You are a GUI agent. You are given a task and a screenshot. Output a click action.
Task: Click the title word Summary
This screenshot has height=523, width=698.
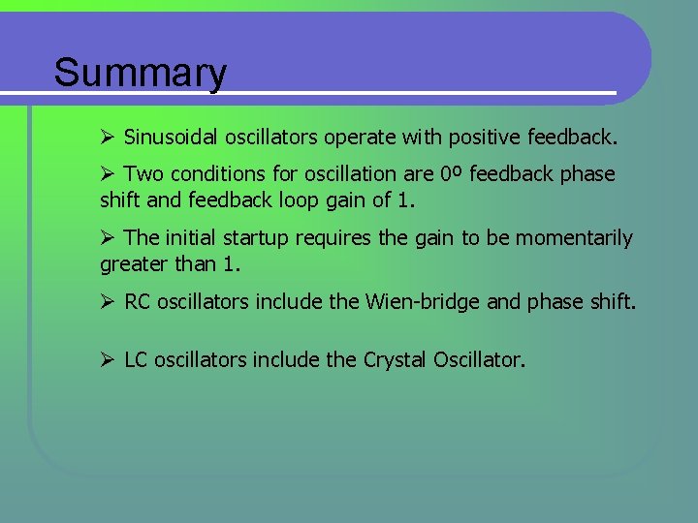click(x=141, y=73)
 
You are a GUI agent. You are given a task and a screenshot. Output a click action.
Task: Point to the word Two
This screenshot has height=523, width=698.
click(x=144, y=174)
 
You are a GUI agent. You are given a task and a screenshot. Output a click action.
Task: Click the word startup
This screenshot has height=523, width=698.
click(x=256, y=238)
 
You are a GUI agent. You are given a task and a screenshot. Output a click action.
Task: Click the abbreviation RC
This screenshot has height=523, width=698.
click(x=138, y=301)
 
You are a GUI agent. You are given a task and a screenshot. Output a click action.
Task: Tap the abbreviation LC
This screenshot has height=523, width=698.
click(x=137, y=360)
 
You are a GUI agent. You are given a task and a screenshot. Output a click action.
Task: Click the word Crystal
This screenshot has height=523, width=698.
click(x=395, y=360)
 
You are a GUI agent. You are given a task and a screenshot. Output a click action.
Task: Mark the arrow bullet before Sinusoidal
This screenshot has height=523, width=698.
click(x=108, y=138)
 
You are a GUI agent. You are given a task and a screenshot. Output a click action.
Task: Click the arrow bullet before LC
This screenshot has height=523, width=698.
click(x=108, y=360)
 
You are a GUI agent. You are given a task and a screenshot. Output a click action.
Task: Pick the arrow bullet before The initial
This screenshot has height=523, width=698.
click(x=108, y=238)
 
